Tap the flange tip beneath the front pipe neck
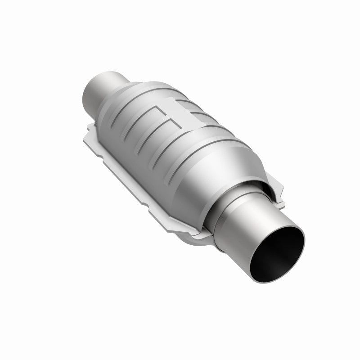click(x=198, y=234)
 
